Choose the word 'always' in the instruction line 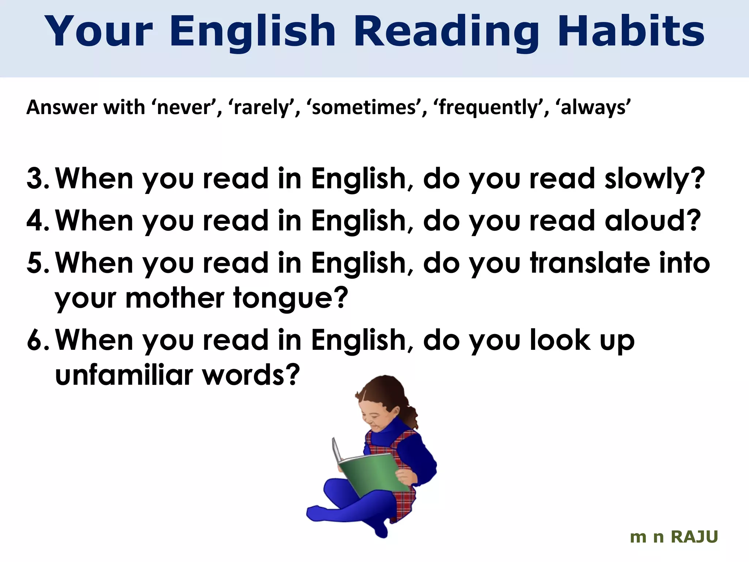coord(594,108)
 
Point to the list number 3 coord(37,179)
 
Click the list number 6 coord(37,340)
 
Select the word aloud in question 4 coord(652,221)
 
